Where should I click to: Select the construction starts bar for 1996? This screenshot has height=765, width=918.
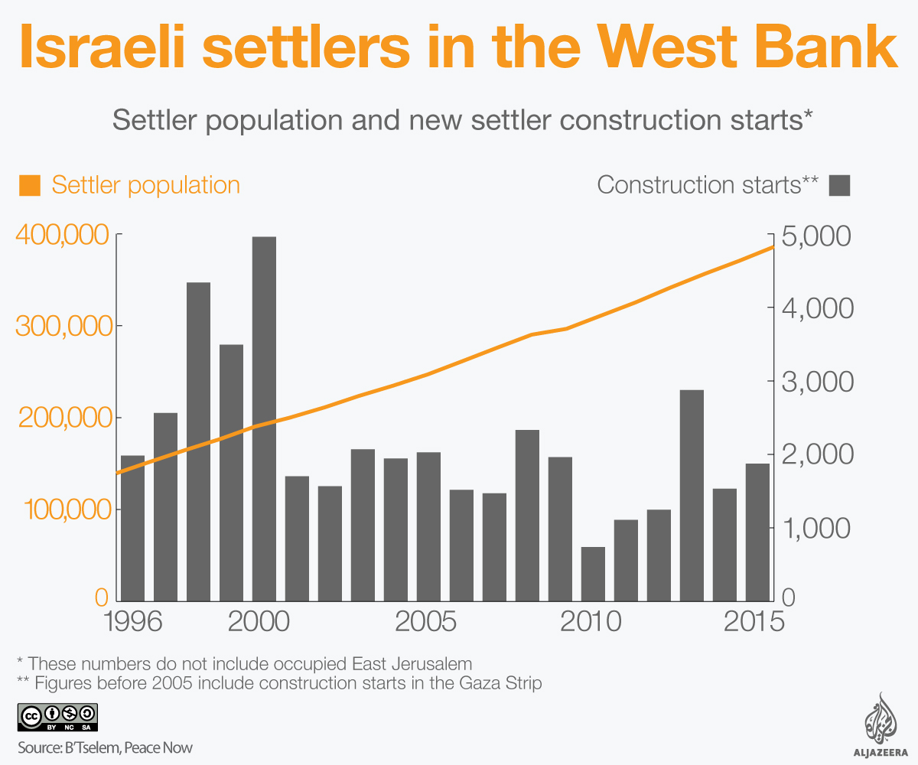pyautogui.click(x=132, y=528)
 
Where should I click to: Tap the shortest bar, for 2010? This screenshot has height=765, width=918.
pyautogui.click(x=593, y=574)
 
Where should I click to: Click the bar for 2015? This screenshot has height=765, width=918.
pyautogui.click(x=757, y=532)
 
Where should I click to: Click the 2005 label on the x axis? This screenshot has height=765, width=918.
pyautogui.click(x=425, y=621)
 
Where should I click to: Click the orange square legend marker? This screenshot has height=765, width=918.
pyautogui.click(x=30, y=185)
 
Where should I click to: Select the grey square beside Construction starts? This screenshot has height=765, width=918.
pyautogui.click(x=840, y=185)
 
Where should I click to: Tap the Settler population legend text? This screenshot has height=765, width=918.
pyautogui.click(x=145, y=185)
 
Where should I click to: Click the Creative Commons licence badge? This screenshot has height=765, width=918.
pyautogui.click(x=57, y=716)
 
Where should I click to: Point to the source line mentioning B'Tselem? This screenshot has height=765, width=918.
pyautogui.click(x=106, y=747)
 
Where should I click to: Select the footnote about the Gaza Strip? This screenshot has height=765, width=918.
pyautogui.click(x=279, y=683)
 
